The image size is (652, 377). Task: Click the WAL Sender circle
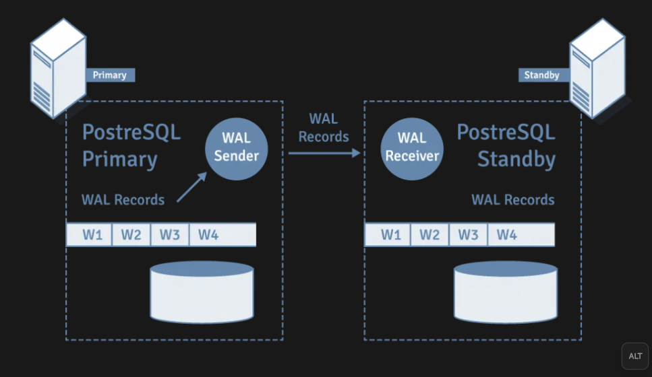236,147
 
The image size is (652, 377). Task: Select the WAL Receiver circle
412,147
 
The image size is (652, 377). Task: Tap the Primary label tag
109,75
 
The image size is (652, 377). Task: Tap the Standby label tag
541,75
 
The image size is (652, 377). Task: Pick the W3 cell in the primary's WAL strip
170,235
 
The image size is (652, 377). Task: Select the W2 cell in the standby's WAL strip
429,235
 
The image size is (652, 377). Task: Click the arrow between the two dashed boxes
324,153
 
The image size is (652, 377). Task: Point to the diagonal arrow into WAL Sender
192,187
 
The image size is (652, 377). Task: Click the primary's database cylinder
202,292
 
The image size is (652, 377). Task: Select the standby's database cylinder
506,292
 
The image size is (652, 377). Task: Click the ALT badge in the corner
634,356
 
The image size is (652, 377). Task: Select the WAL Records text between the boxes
324,128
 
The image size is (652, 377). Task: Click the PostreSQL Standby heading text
506,145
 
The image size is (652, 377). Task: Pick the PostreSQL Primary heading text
131,145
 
